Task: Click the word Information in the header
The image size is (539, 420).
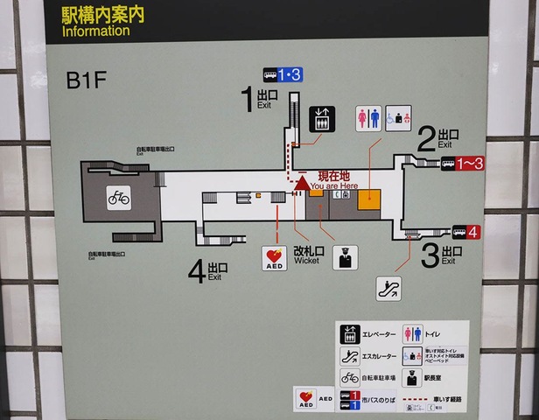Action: pyautogui.click(x=96, y=31)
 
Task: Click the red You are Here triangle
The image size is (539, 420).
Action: pyautogui.click(x=300, y=183)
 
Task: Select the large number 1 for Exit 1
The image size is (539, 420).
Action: pyautogui.click(x=247, y=99)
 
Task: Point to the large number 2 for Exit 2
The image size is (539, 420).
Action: pyautogui.click(x=426, y=138)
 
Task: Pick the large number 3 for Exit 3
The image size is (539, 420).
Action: pyautogui.click(x=430, y=255)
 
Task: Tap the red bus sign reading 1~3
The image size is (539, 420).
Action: pyautogui.click(x=462, y=164)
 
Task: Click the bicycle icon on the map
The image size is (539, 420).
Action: pyautogui.click(x=119, y=197)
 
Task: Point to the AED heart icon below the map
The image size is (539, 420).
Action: pyautogui.click(x=275, y=257)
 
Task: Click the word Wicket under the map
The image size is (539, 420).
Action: pyautogui.click(x=306, y=261)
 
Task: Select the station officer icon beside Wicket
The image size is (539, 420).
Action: pyautogui.click(x=345, y=257)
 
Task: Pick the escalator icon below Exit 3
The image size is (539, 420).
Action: pyautogui.click(x=388, y=289)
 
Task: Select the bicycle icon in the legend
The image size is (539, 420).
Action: pyautogui.click(x=349, y=378)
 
